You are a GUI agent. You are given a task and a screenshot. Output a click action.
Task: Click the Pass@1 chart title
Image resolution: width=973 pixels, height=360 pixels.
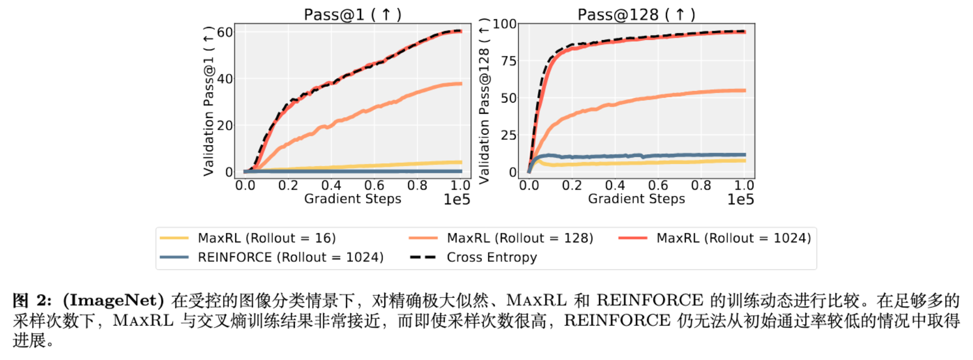(352, 14)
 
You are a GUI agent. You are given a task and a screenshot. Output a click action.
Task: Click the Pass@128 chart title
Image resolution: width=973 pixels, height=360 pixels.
(636, 14)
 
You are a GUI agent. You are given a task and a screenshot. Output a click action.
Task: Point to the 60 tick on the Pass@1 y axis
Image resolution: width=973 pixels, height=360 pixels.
(225, 33)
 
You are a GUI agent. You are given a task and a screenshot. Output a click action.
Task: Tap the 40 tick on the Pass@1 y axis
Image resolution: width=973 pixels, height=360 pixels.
(225, 79)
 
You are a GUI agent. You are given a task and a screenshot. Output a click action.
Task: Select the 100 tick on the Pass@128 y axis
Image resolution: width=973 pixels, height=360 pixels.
(504, 24)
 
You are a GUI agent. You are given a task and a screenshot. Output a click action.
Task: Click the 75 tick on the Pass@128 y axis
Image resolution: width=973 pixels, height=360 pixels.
(508, 61)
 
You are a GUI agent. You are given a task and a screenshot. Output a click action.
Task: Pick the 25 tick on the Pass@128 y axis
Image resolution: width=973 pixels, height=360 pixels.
(508, 135)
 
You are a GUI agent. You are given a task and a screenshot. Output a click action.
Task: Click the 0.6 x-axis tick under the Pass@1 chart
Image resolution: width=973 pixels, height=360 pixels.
(374, 186)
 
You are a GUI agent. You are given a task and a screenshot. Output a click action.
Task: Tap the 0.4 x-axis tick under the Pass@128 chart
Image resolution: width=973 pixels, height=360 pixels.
(615, 186)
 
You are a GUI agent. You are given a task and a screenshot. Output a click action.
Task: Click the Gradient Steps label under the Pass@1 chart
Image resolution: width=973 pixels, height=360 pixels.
(352, 199)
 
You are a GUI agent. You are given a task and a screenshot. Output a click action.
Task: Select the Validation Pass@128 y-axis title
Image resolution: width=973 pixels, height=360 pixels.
(484, 102)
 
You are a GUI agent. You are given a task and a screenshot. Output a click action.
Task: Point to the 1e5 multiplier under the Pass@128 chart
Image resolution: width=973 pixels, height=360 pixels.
(740, 200)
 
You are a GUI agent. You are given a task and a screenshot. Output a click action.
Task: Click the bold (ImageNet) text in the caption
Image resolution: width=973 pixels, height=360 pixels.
(113, 301)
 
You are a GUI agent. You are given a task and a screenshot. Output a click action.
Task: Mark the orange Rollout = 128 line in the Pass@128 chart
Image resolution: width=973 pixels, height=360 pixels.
(661, 96)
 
